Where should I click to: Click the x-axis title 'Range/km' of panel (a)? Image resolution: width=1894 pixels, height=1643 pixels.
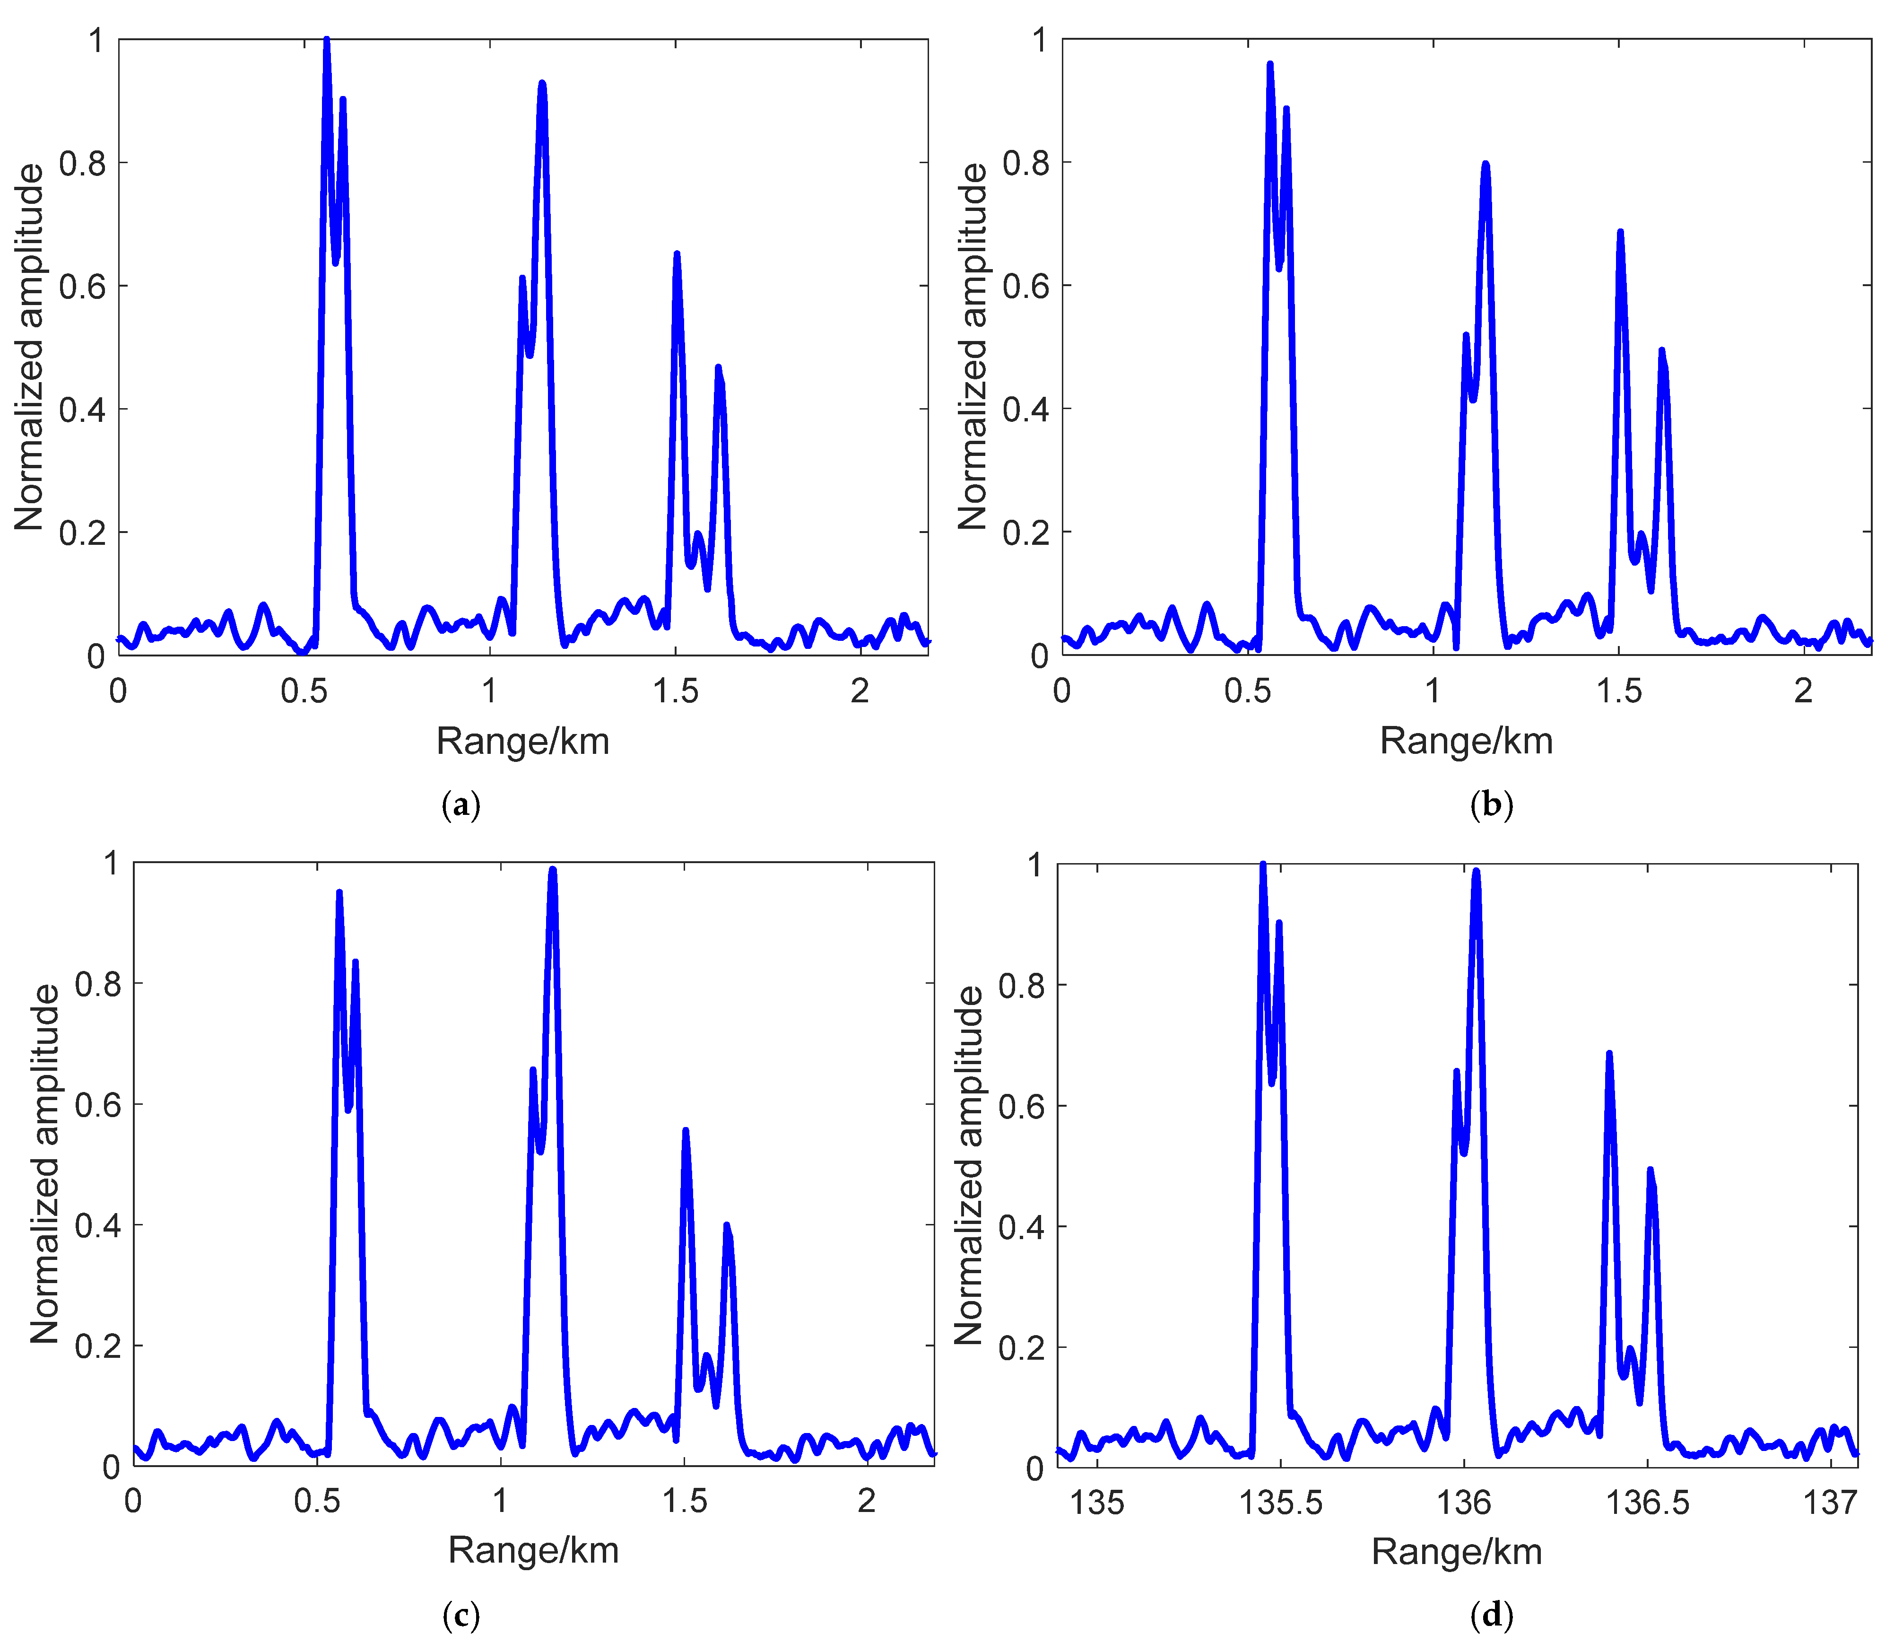click(522, 741)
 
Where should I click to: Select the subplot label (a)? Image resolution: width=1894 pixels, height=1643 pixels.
click(460, 806)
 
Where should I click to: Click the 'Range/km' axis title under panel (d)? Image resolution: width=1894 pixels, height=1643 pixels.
click(1457, 1551)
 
